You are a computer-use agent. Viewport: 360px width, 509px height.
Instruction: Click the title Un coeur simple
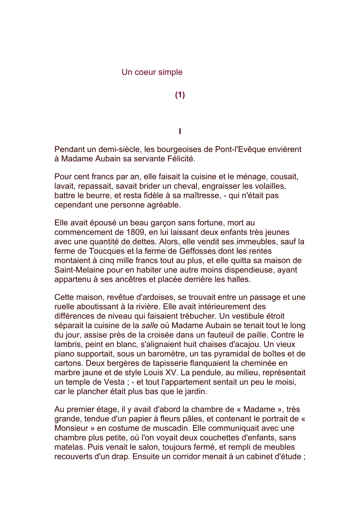(x=152, y=72)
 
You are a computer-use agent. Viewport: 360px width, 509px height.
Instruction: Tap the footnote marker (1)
(x=180, y=95)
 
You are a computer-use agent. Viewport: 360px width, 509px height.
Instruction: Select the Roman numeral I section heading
(x=180, y=132)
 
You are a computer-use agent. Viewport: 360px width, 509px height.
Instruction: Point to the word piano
(x=63, y=354)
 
